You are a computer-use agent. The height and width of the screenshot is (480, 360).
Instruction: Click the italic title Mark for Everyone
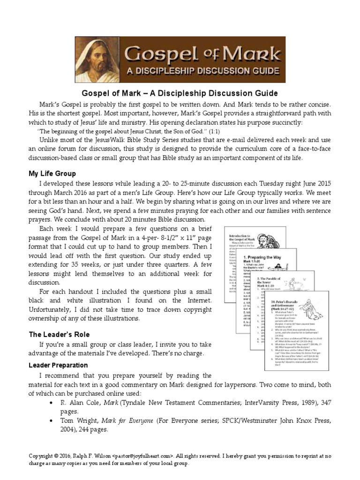(132, 420)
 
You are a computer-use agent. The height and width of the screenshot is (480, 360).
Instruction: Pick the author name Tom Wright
(80, 420)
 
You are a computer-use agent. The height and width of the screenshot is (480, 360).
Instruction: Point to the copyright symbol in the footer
(56, 455)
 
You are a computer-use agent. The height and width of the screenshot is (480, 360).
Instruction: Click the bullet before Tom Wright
(51, 420)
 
